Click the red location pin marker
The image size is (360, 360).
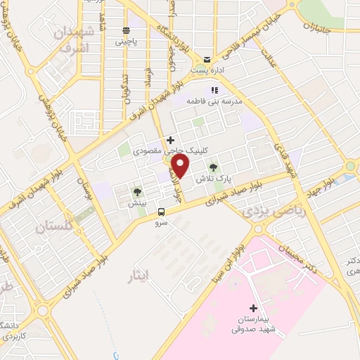coord(181,167)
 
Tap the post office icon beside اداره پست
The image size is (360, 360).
coord(207,59)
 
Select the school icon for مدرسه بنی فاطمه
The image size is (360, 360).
coord(214,90)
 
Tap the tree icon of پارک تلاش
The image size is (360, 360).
coord(214,168)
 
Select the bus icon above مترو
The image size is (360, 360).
coord(162,212)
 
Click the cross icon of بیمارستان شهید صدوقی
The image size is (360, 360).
coord(254,308)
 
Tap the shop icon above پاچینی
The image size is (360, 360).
coord(126,30)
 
